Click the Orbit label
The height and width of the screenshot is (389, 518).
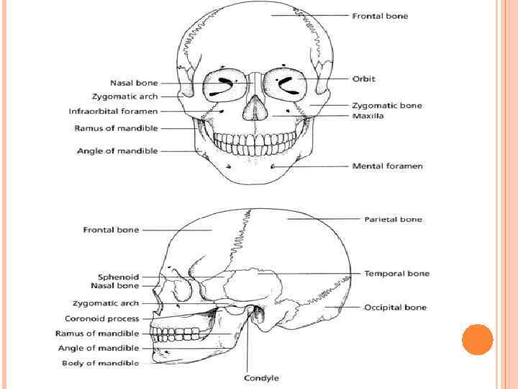pyautogui.click(x=363, y=79)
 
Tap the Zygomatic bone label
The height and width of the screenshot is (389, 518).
pyautogui.click(x=387, y=105)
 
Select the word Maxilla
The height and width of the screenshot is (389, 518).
pyautogui.click(x=368, y=116)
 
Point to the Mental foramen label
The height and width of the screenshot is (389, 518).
pyautogui.click(x=387, y=166)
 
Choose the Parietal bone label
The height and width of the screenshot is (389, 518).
pyautogui.click(x=393, y=219)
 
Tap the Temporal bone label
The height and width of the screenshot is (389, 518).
pyautogui.click(x=396, y=274)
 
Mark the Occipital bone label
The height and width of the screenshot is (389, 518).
pyautogui.click(x=395, y=308)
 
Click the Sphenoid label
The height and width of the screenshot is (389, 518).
pyautogui.click(x=119, y=277)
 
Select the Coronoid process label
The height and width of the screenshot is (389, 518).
pyautogui.click(x=102, y=318)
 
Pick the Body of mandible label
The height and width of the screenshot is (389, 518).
pyautogui.click(x=100, y=363)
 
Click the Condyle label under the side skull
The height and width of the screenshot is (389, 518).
pyautogui.click(x=261, y=378)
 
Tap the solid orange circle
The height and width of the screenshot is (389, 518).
pyautogui.click(x=477, y=340)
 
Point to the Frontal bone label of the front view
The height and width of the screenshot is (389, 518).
pyautogui.click(x=380, y=16)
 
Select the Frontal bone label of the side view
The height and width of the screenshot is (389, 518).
pyautogui.click(x=111, y=230)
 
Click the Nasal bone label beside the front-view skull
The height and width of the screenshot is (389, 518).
pyautogui.click(x=135, y=83)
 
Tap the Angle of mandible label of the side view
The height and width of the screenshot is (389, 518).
pyautogui.click(x=98, y=349)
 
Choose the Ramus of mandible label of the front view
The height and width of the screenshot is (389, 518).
pyautogui.click(x=116, y=128)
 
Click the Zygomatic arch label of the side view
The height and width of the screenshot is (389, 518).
pyautogui.click(x=106, y=303)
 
